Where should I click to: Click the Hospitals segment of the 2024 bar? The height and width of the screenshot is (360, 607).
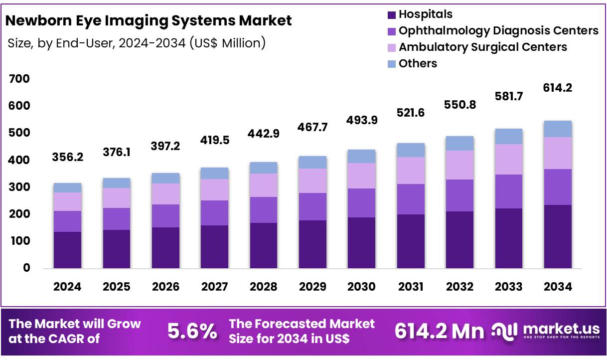click(x=67, y=250)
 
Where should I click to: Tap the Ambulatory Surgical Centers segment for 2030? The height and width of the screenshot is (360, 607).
click(x=361, y=176)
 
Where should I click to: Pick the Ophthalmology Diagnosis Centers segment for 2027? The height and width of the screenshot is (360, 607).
click(x=214, y=213)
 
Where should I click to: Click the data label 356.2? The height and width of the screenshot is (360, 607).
click(x=67, y=158)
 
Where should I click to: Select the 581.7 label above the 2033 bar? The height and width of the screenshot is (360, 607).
click(x=508, y=96)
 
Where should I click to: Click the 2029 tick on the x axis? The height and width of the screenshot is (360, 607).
click(x=312, y=287)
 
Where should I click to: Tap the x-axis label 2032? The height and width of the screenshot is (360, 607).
click(x=459, y=287)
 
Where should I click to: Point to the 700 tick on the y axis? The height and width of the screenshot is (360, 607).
click(x=19, y=79)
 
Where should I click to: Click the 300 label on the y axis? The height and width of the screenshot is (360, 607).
click(x=19, y=187)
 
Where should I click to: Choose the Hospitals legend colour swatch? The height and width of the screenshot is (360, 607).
click(x=391, y=14)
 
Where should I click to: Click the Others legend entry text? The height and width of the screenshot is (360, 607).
click(x=418, y=63)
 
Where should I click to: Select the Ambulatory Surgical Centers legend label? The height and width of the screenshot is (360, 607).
click(x=482, y=47)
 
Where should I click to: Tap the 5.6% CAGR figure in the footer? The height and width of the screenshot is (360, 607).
click(x=192, y=331)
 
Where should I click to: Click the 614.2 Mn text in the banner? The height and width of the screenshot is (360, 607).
click(x=439, y=331)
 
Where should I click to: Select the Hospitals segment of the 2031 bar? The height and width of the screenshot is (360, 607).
click(x=411, y=241)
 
